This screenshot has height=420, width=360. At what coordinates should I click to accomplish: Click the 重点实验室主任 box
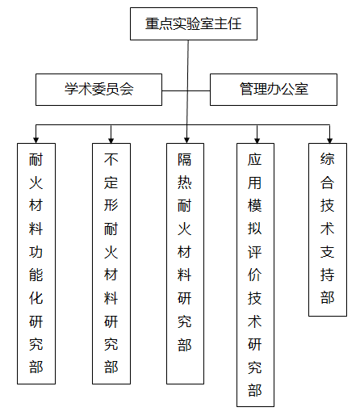[x=194, y=24]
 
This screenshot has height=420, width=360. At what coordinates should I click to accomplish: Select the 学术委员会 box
[x=98, y=90]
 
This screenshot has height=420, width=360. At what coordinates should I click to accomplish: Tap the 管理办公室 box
[x=274, y=90]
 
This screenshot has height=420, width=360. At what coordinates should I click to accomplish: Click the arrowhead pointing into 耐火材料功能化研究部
[x=36, y=141]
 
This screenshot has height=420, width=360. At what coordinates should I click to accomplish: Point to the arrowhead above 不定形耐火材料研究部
[x=111, y=141]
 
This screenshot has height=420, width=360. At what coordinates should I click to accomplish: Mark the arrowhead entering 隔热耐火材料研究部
[x=186, y=141]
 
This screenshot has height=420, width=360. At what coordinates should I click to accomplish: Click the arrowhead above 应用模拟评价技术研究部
[x=257, y=141]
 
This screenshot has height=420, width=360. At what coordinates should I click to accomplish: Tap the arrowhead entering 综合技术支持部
[x=329, y=141]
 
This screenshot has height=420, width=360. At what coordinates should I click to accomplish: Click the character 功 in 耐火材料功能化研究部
[x=36, y=252]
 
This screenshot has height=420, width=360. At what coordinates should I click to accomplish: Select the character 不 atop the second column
[x=111, y=159]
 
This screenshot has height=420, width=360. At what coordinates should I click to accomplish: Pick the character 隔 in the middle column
[x=185, y=159]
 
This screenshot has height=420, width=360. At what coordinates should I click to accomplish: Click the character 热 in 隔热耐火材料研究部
[x=185, y=183]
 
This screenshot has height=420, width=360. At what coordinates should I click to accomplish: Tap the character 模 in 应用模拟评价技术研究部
[x=255, y=205]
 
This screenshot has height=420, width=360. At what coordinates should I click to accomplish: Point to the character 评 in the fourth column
[x=255, y=252]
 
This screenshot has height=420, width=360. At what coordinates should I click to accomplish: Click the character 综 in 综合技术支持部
[x=328, y=159]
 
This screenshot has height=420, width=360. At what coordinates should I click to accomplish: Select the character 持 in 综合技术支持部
[x=328, y=275]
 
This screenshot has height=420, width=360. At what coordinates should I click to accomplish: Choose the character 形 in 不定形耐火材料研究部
[x=111, y=205]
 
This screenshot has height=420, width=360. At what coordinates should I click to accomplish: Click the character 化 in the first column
[x=36, y=298]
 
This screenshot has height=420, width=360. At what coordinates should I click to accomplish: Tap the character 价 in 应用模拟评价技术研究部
[x=255, y=275]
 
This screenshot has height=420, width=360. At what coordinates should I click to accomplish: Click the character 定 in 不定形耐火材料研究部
[x=111, y=183]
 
